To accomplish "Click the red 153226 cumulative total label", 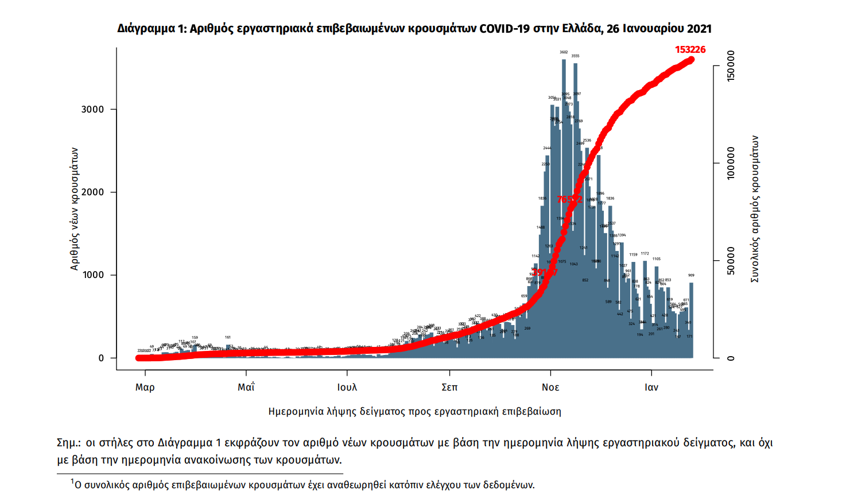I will (690, 50).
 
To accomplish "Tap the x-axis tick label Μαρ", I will (145, 387).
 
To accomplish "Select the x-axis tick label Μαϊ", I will (246, 387).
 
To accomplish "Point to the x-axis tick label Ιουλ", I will (347, 387).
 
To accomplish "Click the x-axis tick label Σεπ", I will (449, 387).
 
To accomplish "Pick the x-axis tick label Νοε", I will (550, 387).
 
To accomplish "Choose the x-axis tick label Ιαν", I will (651, 387).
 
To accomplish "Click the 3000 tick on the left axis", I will (92, 110).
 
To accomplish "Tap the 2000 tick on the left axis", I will (92, 192).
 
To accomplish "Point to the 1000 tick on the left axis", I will (92, 275).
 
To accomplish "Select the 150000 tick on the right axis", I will (731, 66).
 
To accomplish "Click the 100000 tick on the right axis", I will (731, 164).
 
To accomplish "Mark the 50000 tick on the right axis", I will (731, 261).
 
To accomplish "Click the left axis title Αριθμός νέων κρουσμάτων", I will (74, 208).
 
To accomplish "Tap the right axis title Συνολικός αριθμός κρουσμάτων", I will (755, 208).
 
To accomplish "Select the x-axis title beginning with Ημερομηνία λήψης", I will (414, 411).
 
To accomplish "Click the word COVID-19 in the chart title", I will (505, 29).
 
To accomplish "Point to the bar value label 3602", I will (564, 52).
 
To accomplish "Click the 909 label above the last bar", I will (692, 276).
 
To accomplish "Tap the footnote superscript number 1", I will (73, 481).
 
